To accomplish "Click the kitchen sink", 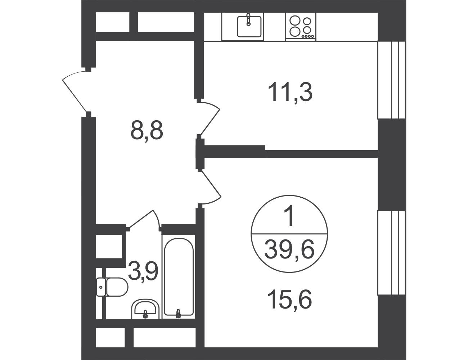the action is (x=249, y=27).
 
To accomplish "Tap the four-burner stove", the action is (x=301, y=27).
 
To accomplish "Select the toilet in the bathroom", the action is (x=112, y=287).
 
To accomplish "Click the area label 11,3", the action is (x=290, y=92).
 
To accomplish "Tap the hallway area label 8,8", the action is (x=147, y=130).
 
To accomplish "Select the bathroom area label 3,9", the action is (x=143, y=271).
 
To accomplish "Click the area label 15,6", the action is (x=290, y=299).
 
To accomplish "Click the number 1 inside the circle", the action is (x=289, y=216).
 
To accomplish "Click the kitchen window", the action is (x=392, y=80).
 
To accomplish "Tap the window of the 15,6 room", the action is (x=392, y=253).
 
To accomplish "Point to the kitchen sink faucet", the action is (x=248, y=19).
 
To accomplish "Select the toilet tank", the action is (x=101, y=287).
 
